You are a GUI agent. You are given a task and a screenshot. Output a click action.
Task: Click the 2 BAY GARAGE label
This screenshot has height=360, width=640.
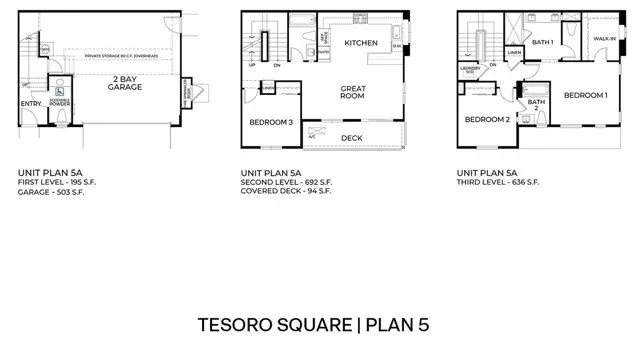click(125, 83)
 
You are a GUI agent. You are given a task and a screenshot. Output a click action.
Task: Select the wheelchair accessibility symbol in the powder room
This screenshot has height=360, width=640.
click(60, 85)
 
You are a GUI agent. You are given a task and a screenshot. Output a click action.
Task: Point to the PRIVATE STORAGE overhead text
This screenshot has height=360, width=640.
click(121, 57)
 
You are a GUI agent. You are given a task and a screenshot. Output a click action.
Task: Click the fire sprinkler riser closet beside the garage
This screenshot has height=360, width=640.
click(187, 92)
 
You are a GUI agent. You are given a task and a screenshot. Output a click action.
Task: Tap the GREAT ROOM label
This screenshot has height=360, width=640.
click(354, 93)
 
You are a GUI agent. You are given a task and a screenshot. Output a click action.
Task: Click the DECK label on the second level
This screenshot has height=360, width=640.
click(351, 137)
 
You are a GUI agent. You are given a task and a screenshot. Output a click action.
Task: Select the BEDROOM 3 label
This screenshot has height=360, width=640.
click(270, 122)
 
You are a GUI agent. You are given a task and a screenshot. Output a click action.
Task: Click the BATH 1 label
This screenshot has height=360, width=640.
click(542, 42)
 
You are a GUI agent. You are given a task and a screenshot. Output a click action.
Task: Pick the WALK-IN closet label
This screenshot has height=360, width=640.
click(604, 38)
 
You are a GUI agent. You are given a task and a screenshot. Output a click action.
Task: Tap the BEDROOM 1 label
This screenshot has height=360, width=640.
click(585, 95)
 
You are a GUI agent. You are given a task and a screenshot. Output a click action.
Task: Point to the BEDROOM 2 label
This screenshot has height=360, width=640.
click(487, 119)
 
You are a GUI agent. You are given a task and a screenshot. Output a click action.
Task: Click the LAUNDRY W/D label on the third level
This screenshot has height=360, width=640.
click(471, 71)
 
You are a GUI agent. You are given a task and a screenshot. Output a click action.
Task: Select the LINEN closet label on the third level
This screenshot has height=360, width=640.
click(513, 52)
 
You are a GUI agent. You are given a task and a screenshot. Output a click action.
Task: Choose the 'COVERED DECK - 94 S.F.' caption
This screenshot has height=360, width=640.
click(286, 190)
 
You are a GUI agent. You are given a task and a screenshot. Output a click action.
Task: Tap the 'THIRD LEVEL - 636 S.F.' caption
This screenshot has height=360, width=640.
click(497, 182)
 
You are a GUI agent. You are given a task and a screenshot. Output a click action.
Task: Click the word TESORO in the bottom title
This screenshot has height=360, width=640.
click(232, 325)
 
